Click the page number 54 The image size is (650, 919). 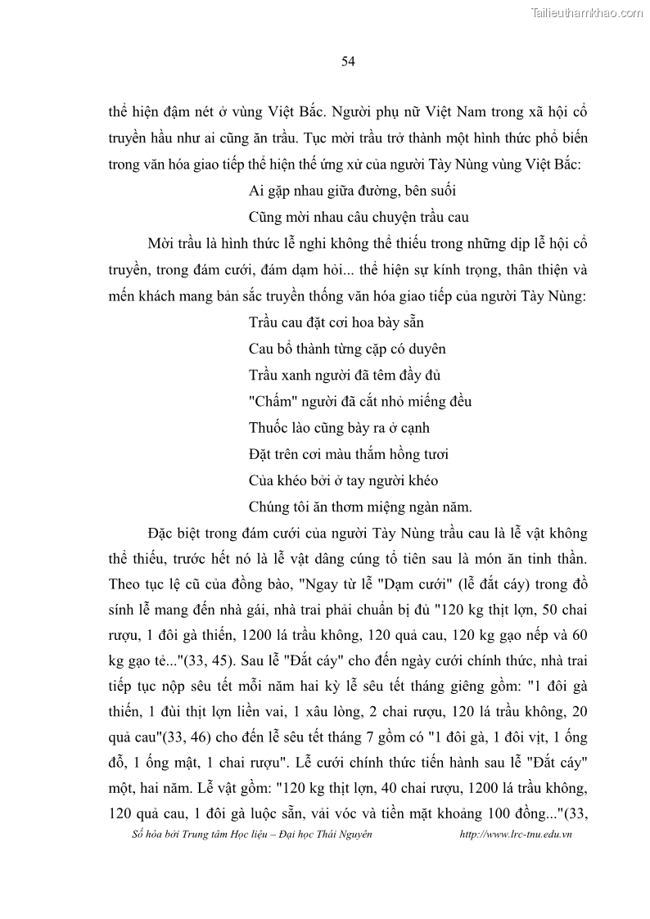tap(346, 61)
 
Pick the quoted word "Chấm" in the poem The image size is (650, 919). tap(269, 402)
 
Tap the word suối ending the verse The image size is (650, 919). tap(442, 191)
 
